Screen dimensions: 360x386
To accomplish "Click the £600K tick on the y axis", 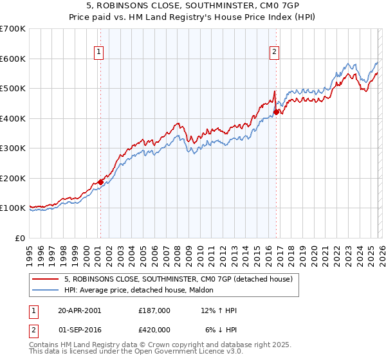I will (x=13, y=59).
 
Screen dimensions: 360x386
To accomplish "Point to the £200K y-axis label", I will (x=13, y=178).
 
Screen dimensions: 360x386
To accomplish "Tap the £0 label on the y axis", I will (x=20, y=238).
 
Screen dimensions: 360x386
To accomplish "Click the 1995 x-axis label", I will (x=30, y=249).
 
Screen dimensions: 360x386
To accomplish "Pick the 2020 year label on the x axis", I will (x=313, y=249).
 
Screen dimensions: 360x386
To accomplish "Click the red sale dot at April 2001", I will (x=100, y=182).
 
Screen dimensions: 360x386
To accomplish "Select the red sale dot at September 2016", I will (x=276, y=112).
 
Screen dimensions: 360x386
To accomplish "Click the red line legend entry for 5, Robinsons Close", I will (x=178, y=279).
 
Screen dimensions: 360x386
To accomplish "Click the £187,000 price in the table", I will (x=154, y=310).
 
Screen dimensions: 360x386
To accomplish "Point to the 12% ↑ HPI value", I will (x=219, y=310).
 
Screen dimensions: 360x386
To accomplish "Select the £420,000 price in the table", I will (x=154, y=330).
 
